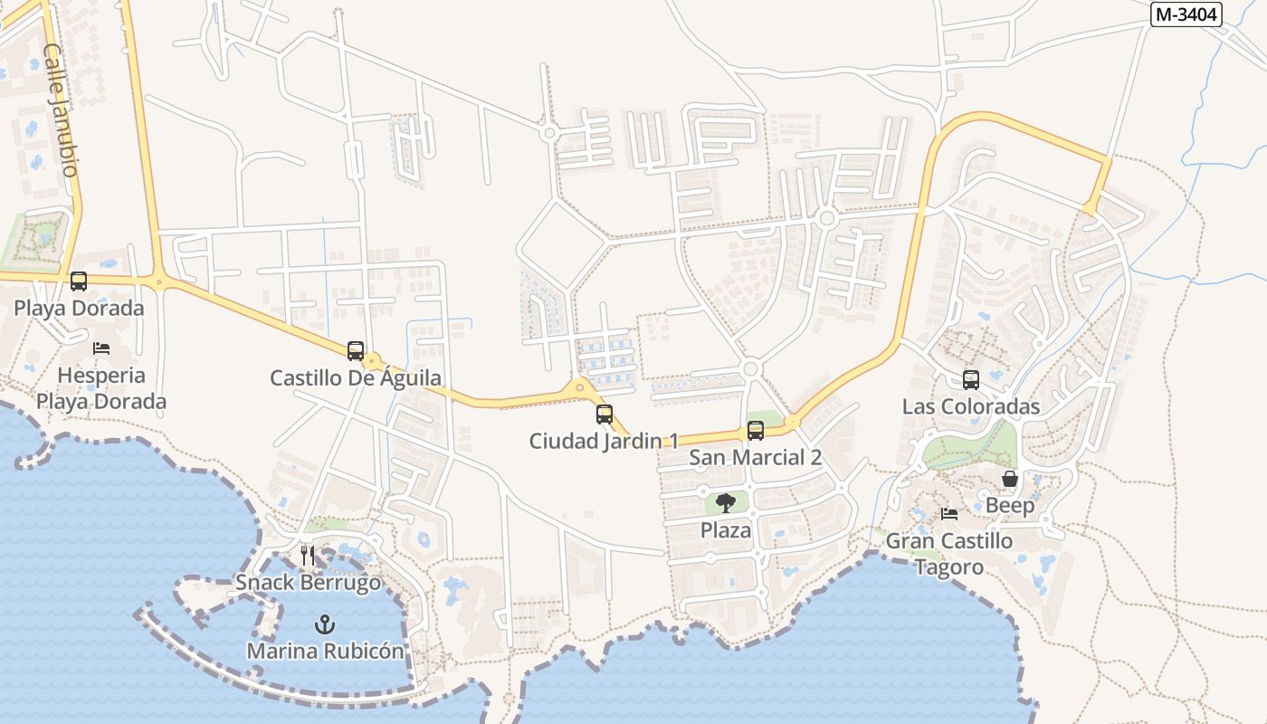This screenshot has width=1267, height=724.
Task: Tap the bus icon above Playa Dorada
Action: coord(79,281)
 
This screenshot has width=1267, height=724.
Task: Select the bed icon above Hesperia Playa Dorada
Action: coord(101,348)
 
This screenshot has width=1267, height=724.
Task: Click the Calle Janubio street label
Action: coord(61,110)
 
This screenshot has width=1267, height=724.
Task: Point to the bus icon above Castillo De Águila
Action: coord(356,351)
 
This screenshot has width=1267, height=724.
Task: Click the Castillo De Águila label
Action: coord(356,378)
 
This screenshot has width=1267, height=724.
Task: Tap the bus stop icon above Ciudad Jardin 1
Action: coord(605,414)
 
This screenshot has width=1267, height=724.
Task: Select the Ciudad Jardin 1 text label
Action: coord(604,441)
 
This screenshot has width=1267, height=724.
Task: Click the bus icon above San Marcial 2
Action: coord(756,431)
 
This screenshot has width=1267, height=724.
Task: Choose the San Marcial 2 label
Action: coord(756,457)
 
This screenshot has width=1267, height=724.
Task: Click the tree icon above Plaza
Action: coord(725,503)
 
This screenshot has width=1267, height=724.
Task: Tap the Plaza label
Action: coord(726,530)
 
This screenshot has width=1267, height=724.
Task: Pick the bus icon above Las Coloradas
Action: coord(971,380)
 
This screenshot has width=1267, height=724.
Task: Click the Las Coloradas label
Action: coord(971,407)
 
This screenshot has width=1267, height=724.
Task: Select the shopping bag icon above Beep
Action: coord(1010,479)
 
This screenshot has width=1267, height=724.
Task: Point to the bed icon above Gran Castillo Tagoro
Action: coord(949,514)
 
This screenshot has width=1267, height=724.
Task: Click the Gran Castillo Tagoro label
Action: coord(948,554)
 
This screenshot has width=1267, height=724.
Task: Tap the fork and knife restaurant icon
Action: coord(308,555)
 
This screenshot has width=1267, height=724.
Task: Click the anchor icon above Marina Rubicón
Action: coord(324,624)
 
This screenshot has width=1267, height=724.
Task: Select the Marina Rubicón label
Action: coord(325,651)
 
